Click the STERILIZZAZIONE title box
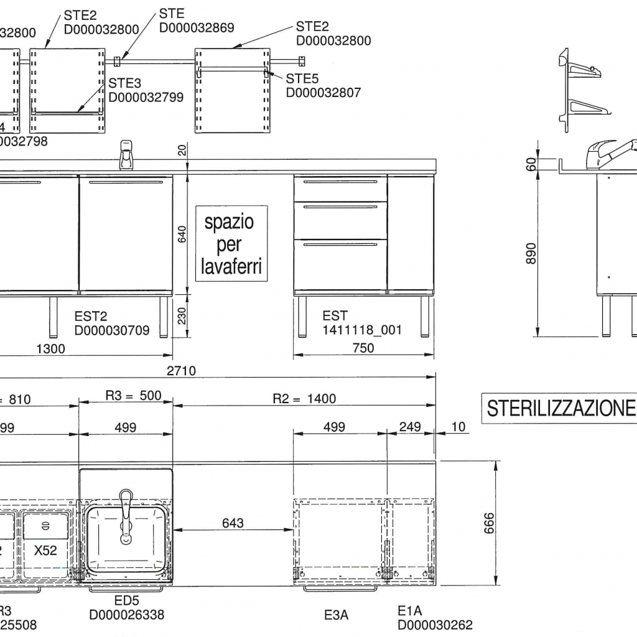pyautogui.click(x=560, y=409)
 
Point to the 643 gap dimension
pyautogui.click(x=233, y=523)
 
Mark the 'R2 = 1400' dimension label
pyautogui.click(x=304, y=399)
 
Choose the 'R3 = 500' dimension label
pyautogui.click(x=133, y=397)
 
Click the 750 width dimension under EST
pyautogui.click(x=364, y=348)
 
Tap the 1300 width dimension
pyautogui.click(x=50, y=348)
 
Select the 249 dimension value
pyautogui.click(x=411, y=427)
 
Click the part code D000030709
pyautogui.click(x=112, y=330)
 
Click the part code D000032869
pyautogui.click(x=197, y=27)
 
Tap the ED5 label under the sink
pyautogui.click(x=126, y=602)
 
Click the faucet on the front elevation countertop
pyautogui.click(x=126, y=154)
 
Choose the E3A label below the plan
pyautogui.click(x=337, y=615)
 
